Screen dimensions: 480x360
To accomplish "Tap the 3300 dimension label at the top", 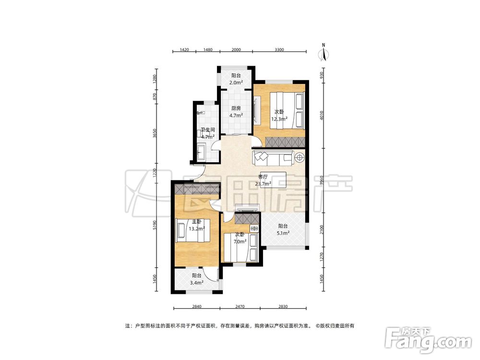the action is [x=279, y=49].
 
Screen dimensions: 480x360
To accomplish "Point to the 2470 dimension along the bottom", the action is [x=240, y=306].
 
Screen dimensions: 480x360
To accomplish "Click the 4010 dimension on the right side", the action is [x=322, y=115].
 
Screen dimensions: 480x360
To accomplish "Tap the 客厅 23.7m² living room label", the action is [x=263, y=180].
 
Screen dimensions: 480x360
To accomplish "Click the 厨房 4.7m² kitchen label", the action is [x=236, y=112].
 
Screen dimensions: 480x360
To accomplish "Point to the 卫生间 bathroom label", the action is [x=207, y=130].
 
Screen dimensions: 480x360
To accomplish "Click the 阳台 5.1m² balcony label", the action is [x=283, y=229].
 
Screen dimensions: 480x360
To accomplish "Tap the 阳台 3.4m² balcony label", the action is [x=197, y=279].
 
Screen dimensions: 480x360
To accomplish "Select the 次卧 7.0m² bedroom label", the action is [x=240, y=238].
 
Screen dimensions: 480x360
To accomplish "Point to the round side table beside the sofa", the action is [x=299, y=157].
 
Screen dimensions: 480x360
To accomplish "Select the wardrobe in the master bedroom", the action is [x=197, y=189].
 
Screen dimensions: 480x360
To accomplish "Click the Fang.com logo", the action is [x=429, y=339].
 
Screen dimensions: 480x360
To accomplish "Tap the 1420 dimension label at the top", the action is [x=184, y=49].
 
